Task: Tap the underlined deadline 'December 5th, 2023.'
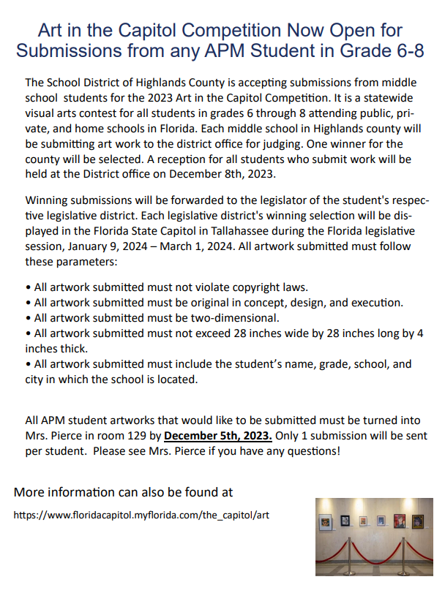point(218,437)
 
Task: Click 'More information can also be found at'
point(124,491)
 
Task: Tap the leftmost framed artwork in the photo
point(326,524)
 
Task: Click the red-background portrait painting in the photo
point(400,521)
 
